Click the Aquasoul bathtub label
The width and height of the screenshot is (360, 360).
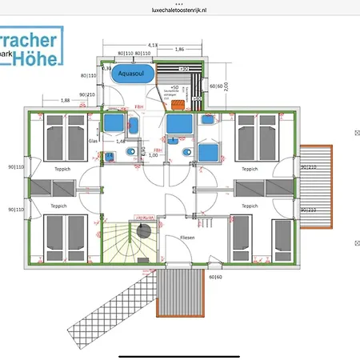[x=130, y=73]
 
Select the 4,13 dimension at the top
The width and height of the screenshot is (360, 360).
[x=153, y=45]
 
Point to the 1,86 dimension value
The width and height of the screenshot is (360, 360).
[x=181, y=50]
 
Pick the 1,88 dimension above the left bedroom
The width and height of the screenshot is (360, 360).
[x=66, y=100]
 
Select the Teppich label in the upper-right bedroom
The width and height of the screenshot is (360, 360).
[x=250, y=170]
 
